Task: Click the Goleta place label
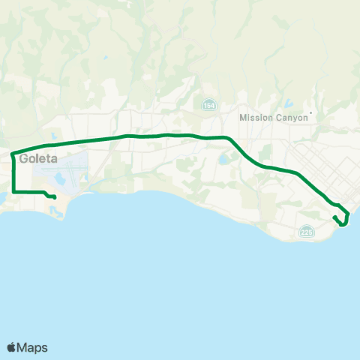tap(38, 159)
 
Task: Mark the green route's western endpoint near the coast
tap(55, 197)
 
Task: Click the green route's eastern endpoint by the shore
tap(334, 217)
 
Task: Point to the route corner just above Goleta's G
tap(13, 153)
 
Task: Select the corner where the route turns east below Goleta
tap(13, 191)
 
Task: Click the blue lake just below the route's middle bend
tap(223, 159)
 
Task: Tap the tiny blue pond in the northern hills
tap(106, 58)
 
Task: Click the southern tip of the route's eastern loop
tap(343, 224)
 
